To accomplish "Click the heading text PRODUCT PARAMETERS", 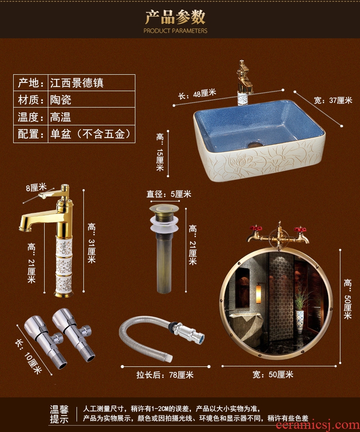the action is pos(175,31).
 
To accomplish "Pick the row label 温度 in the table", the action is pos(29,117).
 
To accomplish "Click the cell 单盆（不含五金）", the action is pos(90,134).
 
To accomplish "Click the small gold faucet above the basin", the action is pos(244,82).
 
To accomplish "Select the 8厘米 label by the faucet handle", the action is pos(36,188).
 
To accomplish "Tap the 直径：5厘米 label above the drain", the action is pos(169,194).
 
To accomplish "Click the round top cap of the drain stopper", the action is pos(164,208).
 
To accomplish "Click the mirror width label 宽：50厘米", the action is pos(273,375).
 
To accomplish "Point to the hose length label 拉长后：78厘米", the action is pos(165,375).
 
